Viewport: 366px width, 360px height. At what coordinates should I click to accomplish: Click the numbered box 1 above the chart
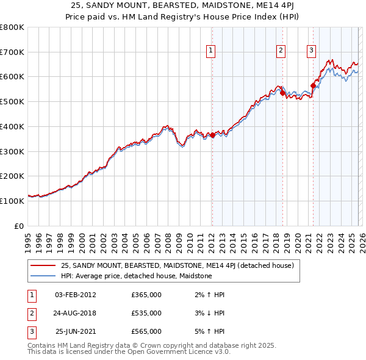click(x=210, y=51)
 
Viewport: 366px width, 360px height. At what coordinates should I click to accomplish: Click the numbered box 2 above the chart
click(x=281, y=51)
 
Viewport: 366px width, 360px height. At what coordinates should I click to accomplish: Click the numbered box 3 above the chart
click(x=311, y=51)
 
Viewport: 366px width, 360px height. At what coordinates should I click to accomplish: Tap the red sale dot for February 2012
click(x=212, y=135)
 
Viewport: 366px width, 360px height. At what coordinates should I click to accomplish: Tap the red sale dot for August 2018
click(x=282, y=93)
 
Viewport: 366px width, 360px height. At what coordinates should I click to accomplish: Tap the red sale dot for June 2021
click(x=313, y=85)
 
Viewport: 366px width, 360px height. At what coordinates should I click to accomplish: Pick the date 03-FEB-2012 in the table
click(x=75, y=295)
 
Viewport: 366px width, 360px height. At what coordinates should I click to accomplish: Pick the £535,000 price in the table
click(x=146, y=313)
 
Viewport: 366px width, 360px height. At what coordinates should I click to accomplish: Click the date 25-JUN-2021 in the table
click(x=75, y=331)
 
